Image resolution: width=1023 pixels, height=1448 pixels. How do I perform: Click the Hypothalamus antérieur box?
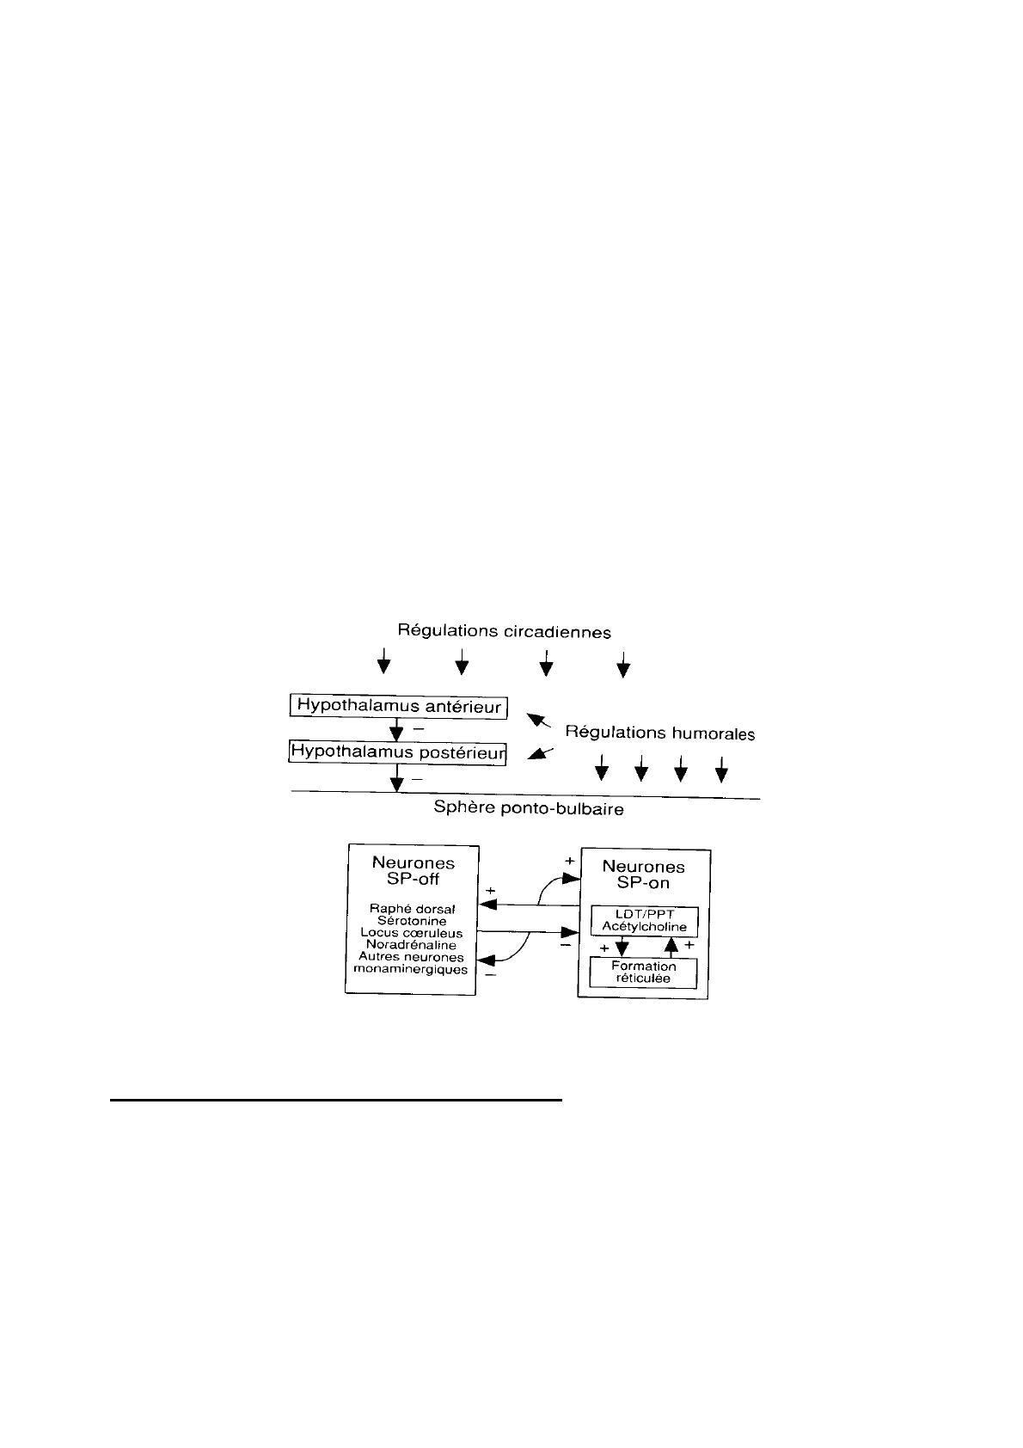click(x=398, y=707)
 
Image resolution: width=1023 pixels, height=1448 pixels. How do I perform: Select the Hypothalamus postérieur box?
click(x=398, y=752)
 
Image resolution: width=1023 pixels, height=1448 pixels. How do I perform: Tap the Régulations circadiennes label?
click(x=504, y=631)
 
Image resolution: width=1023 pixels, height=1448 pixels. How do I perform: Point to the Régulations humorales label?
click(x=660, y=733)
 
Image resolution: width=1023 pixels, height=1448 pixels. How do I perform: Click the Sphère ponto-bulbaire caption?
click(x=529, y=809)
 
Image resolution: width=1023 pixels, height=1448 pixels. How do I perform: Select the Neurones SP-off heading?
click(x=413, y=870)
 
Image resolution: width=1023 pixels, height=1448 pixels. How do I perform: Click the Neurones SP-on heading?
click(x=643, y=874)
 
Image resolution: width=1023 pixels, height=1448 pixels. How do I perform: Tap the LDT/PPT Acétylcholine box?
click(x=644, y=922)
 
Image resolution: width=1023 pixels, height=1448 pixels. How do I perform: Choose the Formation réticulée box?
click(x=643, y=972)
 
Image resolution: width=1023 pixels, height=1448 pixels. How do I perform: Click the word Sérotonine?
click(x=412, y=921)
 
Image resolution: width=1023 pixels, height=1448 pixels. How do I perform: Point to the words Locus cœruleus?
click(x=412, y=933)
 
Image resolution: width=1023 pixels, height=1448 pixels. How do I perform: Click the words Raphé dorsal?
click(x=413, y=909)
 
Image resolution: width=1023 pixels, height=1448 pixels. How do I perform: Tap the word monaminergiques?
click(x=411, y=969)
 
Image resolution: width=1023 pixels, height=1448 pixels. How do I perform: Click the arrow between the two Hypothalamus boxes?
click(x=396, y=730)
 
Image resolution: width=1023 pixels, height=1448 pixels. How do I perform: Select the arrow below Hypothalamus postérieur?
click(x=396, y=781)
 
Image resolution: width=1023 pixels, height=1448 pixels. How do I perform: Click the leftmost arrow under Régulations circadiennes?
click(x=384, y=662)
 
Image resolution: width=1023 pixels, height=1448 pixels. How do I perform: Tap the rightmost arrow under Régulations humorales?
click(x=722, y=768)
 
